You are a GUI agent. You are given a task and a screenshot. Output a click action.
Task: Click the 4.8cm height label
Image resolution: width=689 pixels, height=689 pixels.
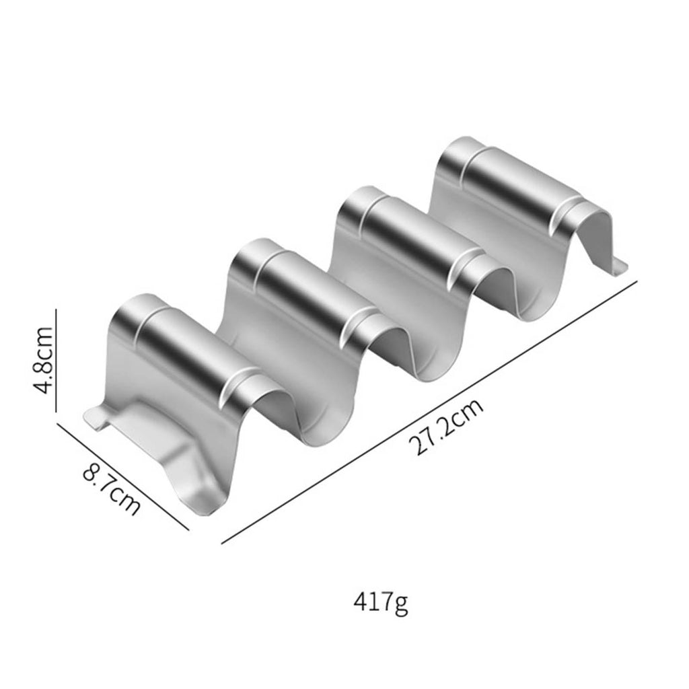pos(44,361)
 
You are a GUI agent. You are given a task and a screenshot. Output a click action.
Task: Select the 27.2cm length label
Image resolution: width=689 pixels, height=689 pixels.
pos(446,427)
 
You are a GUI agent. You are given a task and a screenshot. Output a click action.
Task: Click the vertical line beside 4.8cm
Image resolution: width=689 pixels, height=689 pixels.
pos(57,361)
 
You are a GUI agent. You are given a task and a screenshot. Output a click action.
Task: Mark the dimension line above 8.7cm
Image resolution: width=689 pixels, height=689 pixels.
pos(123,476)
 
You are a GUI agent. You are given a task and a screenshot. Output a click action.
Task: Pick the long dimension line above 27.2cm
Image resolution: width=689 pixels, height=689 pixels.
pos(429,412)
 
